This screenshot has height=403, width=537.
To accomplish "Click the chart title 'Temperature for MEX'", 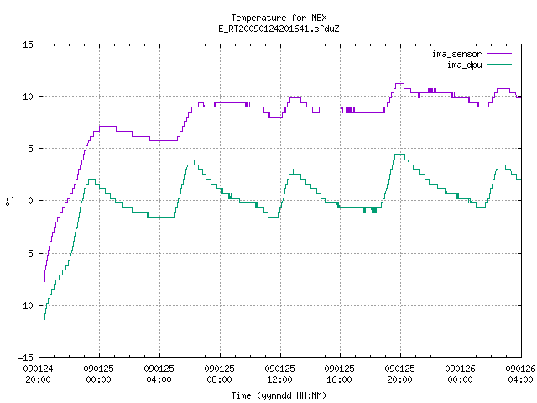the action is (x=279, y=18).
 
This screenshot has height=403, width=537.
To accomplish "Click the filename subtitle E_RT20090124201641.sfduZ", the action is (x=279, y=29).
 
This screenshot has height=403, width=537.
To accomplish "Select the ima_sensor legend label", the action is (x=456, y=54).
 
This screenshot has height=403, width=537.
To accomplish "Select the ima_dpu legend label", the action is (x=464, y=65).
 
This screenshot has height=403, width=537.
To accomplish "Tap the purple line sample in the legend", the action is (x=500, y=54).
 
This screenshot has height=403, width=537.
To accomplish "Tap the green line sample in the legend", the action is (x=500, y=64).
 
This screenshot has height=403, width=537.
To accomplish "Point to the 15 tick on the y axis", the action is (x=28, y=44).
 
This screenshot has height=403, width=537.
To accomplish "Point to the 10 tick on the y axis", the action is (x=28, y=97).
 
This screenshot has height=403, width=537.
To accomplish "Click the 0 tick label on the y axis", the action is (x=31, y=201).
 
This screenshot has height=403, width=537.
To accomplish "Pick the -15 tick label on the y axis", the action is (x=26, y=358).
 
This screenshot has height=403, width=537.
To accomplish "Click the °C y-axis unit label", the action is (x=9, y=201).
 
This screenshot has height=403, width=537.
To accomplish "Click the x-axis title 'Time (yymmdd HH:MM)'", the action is (x=279, y=395).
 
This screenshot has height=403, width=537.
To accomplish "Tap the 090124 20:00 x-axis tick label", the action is (x=38, y=374).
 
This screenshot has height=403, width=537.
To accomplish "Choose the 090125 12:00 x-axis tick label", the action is (x=279, y=374).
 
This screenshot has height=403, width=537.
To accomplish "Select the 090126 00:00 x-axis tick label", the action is (x=461, y=374).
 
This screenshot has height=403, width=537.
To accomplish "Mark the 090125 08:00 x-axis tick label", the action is (x=219, y=374).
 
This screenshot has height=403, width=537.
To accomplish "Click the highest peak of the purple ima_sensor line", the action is (x=399, y=84).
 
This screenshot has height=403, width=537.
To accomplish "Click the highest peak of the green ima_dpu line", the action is (x=399, y=154).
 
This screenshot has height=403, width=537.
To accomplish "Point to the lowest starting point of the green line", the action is (x=44, y=322).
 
